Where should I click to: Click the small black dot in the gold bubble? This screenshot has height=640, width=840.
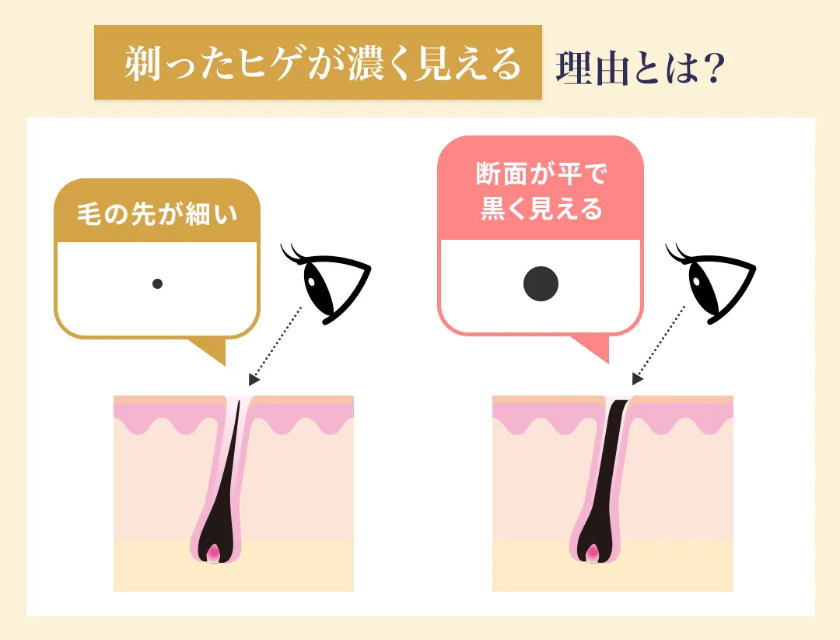157,284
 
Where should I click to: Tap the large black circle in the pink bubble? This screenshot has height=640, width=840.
541,284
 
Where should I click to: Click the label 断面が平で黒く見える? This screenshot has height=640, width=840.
541,192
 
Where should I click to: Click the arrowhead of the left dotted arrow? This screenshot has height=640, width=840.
254,380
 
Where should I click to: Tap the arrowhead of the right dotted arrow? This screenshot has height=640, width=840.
638,380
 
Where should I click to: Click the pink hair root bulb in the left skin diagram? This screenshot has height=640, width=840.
214,554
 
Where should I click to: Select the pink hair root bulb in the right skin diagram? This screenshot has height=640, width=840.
593,554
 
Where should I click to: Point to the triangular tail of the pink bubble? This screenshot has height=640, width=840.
594,350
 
